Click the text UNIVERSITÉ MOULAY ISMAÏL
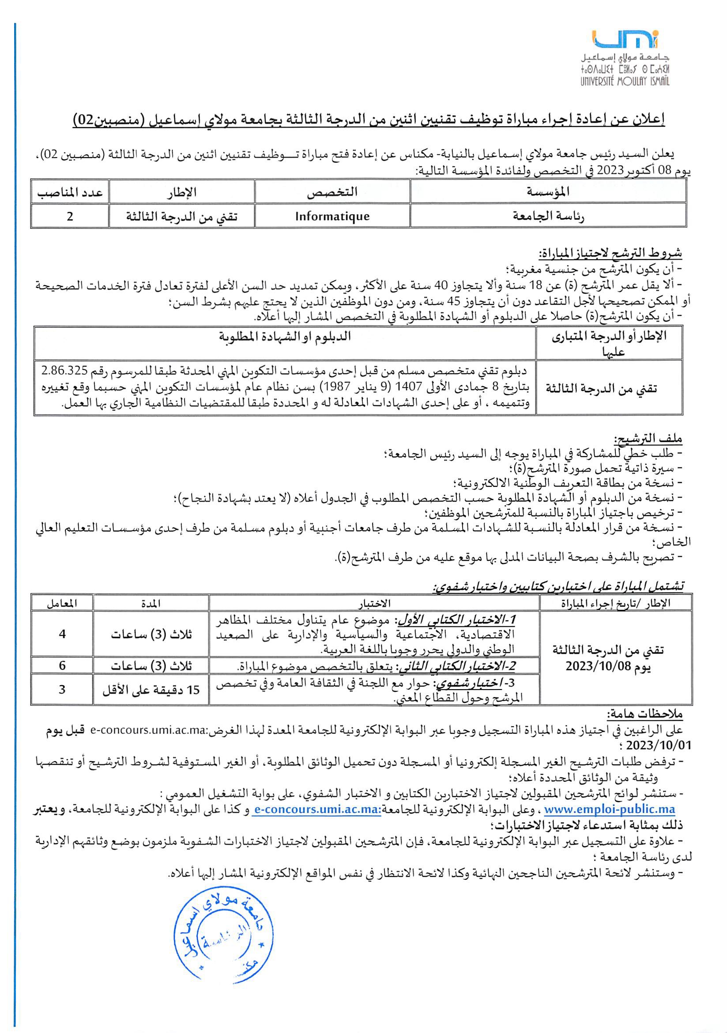click(x=625, y=81)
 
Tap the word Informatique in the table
click(x=332, y=216)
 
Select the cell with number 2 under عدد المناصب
click(x=70, y=216)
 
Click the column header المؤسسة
click(x=548, y=192)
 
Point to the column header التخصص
click(x=332, y=192)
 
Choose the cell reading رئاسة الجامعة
click(x=548, y=216)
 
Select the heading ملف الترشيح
click(x=648, y=438)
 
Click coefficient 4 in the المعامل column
click(x=62, y=634)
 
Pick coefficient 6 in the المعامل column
click(x=62, y=665)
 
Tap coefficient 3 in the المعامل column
click(x=62, y=689)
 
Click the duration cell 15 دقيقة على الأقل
click(x=151, y=690)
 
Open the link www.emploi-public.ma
click(x=609, y=810)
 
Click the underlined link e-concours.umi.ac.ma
click(x=317, y=810)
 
